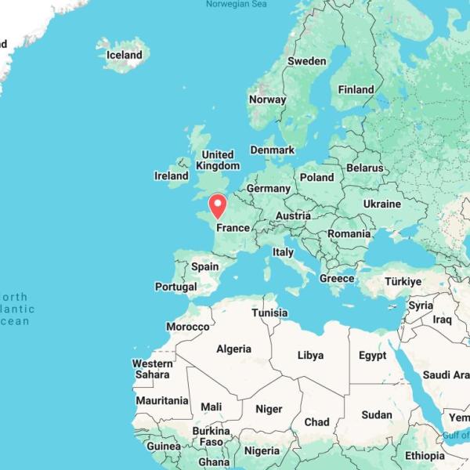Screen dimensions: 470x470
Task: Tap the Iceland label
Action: pyautogui.click(x=125, y=55)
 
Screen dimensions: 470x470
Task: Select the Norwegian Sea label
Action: pyautogui.click(x=236, y=5)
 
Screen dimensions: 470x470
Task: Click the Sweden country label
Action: pyautogui.click(x=306, y=61)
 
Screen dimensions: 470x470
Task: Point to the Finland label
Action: pyautogui.click(x=356, y=89)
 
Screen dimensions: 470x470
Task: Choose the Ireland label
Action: pyautogui.click(x=171, y=176)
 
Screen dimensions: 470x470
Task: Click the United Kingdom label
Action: pyautogui.click(x=218, y=160)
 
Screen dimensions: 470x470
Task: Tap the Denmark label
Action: pyautogui.click(x=272, y=150)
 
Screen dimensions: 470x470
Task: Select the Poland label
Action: pyautogui.click(x=316, y=177)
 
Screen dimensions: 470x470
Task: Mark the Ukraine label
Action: pyautogui.click(x=381, y=204)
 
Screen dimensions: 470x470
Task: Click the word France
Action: pyautogui.click(x=233, y=228)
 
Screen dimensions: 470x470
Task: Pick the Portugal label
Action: pyautogui.click(x=175, y=287)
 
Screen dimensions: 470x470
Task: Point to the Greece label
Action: pyautogui.click(x=337, y=278)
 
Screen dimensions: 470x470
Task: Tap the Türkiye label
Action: pyautogui.click(x=403, y=281)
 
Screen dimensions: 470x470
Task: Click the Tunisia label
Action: pyautogui.click(x=269, y=313)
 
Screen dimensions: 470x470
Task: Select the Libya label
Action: pyautogui.click(x=310, y=355)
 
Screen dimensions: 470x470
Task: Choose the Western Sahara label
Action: pyautogui.click(x=152, y=369)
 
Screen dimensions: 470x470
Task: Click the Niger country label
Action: pyautogui.click(x=269, y=409)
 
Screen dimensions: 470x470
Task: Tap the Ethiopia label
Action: pyautogui.click(x=425, y=456)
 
